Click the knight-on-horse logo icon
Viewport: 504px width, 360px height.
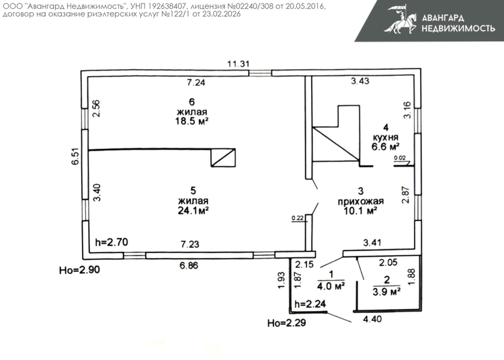coord(401,19)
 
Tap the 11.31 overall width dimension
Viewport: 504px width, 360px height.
coord(239,64)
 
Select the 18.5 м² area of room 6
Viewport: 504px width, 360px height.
coord(192,121)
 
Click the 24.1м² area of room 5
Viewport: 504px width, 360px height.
coord(193,210)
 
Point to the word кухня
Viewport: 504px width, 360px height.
coord(386,138)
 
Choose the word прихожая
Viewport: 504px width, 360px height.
coord(361,201)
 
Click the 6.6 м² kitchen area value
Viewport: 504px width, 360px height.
coord(386,147)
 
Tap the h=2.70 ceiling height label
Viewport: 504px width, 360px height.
coord(112,242)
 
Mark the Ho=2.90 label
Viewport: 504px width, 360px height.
coord(79,270)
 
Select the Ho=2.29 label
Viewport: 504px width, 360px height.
coord(286,323)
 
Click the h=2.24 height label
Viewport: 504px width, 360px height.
coord(310,304)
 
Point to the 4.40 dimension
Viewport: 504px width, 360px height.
coord(372,319)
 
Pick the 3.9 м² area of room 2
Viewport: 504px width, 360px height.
coord(386,291)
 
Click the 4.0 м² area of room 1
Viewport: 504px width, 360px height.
coord(331,286)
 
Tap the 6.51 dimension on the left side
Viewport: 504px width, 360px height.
coord(75,156)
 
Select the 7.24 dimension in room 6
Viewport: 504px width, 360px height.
coord(196,83)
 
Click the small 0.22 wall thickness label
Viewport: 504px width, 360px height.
coord(298,218)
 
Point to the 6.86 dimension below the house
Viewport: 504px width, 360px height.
coord(189,265)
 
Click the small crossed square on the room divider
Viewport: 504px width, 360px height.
coord(223,158)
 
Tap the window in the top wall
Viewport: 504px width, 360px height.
coord(260,73)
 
